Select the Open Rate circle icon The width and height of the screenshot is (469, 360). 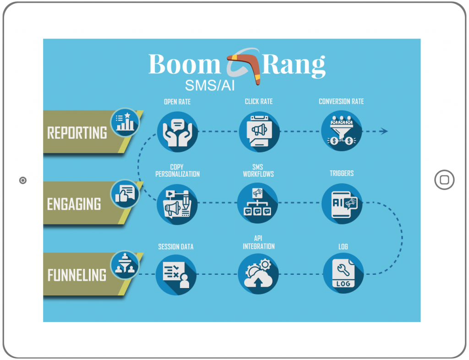(177, 131)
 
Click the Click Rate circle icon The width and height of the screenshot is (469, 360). (259, 131)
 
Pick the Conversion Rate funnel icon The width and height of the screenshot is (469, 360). (341, 131)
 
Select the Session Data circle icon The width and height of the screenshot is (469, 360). (176, 274)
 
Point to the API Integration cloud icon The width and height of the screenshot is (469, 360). (259, 274)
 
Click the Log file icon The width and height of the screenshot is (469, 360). (343, 274)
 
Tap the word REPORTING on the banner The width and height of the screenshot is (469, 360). (77, 133)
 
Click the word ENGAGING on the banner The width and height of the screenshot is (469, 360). (74, 204)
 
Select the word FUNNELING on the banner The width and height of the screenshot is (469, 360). (77, 275)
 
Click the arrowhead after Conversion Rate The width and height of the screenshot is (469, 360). (384, 131)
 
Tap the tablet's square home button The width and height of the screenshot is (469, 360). (444, 180)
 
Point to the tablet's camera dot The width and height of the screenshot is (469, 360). (23, 180)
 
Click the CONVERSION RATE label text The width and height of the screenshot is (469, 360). (341, 101)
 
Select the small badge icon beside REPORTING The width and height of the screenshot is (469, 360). (125, 121)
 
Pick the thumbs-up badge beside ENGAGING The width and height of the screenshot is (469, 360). (125, 193)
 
